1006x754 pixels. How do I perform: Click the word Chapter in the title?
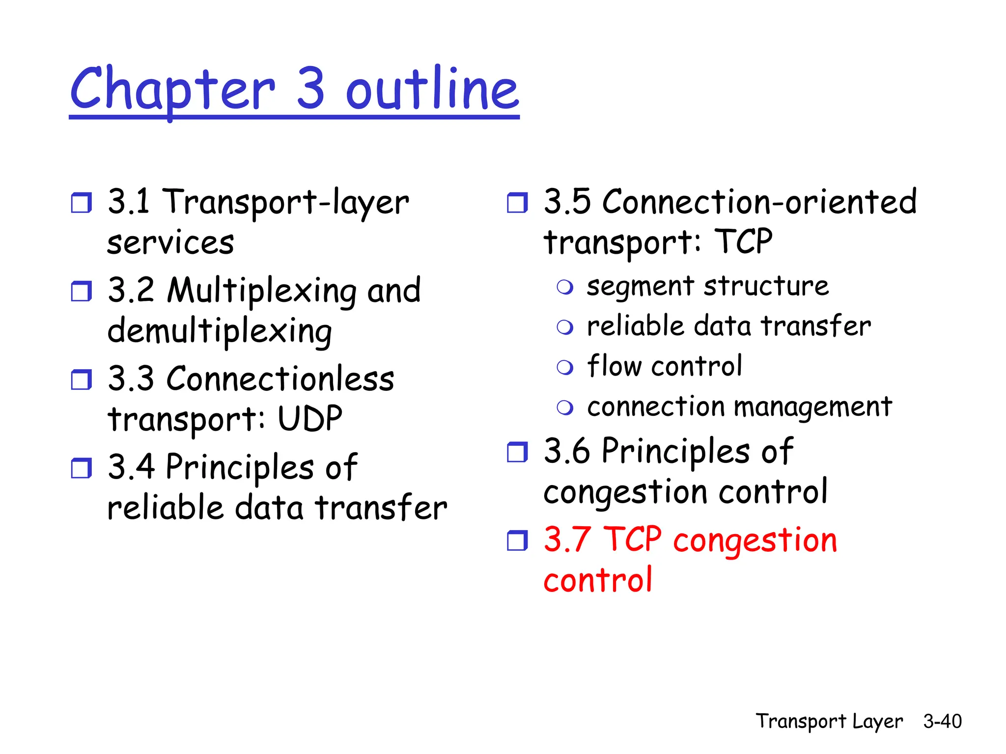[172, 89]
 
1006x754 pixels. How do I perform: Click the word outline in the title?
[432, 89]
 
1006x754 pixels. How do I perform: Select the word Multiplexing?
[261, 291]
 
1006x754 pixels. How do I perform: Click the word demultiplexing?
[220, 331]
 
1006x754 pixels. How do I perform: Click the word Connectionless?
[280, 379]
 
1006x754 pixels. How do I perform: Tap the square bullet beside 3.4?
[81, 468]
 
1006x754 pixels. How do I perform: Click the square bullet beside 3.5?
[517, 203]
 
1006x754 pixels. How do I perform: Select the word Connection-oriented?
[759, 202]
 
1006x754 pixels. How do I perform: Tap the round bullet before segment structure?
[565, 287]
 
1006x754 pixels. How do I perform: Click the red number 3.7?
[567, 539]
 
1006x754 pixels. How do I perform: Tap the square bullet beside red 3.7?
[517, 540]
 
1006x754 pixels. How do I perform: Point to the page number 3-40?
[942, 721]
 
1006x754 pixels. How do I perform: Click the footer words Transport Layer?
[829, 721]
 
